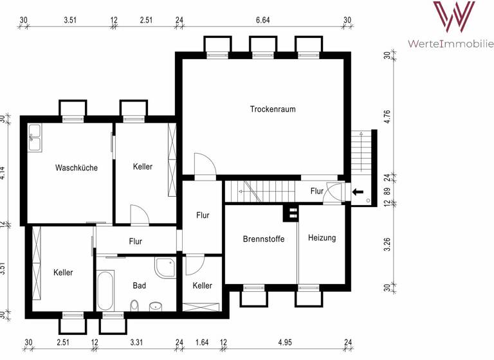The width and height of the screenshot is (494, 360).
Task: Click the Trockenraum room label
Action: coord(273,109)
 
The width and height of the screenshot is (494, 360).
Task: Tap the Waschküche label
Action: coord(77,168)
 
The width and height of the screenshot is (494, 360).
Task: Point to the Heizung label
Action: coord(322,238)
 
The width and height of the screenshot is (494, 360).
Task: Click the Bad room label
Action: coord(140,286)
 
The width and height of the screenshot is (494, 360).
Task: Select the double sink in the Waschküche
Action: coord(34,138)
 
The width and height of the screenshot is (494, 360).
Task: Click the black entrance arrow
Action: coord(358,191)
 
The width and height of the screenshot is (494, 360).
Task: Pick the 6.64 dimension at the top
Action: coord(262,20)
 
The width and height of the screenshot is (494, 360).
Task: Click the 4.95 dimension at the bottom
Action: coord(286,342)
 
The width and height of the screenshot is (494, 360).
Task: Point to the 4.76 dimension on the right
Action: coord(387,116)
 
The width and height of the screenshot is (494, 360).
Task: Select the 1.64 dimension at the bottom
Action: coord(201,342)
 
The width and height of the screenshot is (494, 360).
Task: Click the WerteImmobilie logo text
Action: coord(451,44)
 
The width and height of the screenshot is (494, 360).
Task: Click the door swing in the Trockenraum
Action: coord(203,165)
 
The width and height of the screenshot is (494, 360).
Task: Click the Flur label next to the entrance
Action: coord(316,191)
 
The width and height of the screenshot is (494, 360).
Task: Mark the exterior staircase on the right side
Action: coord(361,152)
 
